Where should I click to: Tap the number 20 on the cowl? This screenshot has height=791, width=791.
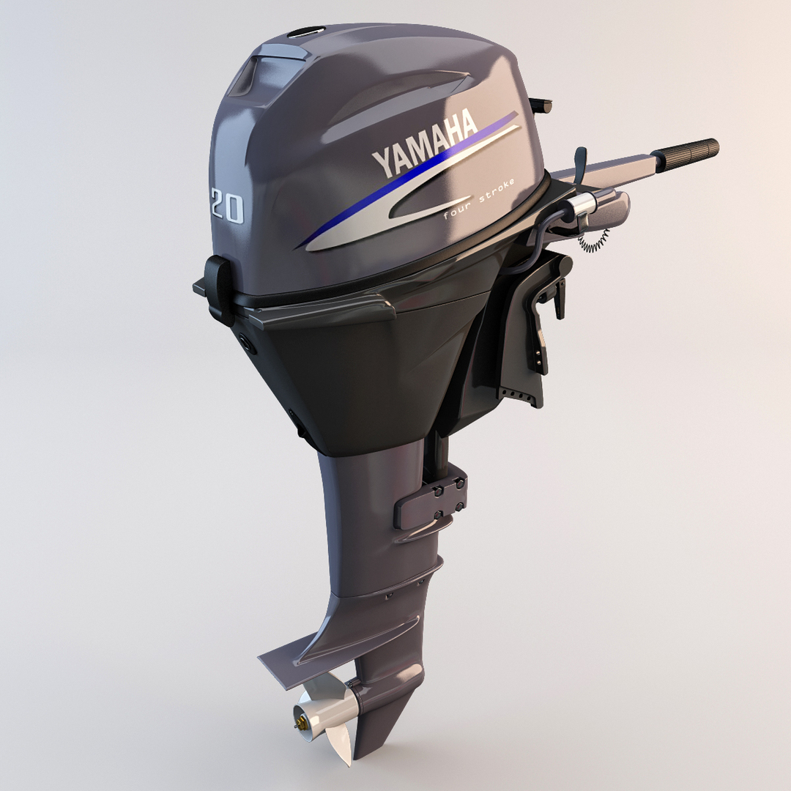coord(226,205)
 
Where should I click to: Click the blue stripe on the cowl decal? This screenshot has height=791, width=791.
coord(410,183)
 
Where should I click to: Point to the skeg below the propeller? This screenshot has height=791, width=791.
coord(381,732)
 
